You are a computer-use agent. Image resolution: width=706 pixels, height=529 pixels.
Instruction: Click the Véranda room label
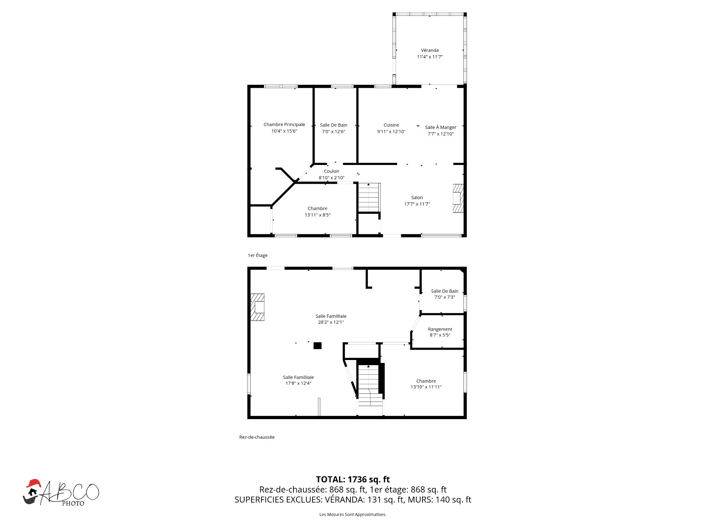click(429, 50)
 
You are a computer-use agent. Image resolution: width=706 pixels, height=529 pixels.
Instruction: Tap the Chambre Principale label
click(284, 125)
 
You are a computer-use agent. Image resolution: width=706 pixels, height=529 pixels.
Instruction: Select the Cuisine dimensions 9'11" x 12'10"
click(391, 132)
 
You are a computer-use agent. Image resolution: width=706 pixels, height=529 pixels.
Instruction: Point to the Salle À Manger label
click(440, 127)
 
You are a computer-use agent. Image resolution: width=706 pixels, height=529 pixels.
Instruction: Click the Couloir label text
click(331, 171)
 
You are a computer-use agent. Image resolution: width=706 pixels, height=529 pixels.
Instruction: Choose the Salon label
click(417, 198)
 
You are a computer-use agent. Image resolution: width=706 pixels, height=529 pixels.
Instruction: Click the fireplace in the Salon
click(458, 198)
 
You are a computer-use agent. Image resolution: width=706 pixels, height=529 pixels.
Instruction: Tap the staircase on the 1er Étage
click(368, 197)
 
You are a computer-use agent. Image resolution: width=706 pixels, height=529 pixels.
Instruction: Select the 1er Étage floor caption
click(257, 255)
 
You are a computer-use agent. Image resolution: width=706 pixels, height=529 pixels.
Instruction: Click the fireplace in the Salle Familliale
click(257, 307)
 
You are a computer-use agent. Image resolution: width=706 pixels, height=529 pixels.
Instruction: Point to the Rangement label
click(440, 329)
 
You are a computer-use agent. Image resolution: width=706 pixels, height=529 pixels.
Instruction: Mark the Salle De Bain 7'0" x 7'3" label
click(445, 294)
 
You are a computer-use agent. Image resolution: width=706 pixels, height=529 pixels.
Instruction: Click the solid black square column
click(317, 345)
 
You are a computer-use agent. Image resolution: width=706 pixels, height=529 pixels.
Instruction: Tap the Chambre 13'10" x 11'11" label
click(426, 384)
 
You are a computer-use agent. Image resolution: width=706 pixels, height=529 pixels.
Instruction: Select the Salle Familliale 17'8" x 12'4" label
click(298, 380)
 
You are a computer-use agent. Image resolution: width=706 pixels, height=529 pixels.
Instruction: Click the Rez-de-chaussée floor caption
click(257, 437)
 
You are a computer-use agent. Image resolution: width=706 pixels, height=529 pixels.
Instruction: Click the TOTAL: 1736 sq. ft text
click(353, 479)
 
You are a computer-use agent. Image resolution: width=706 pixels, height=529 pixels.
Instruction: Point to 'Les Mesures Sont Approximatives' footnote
click(353, 514)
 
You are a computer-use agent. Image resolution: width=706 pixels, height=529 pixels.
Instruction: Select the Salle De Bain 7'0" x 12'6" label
click(333, 128)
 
